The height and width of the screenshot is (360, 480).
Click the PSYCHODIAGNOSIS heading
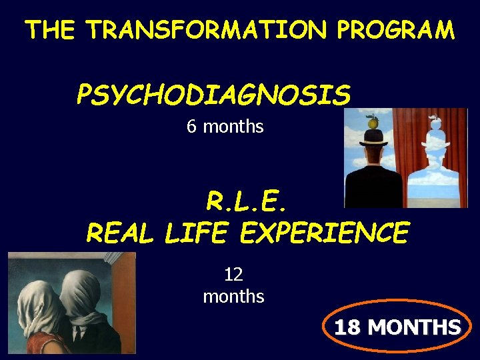(x=213, y=95)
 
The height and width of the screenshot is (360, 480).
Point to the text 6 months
(x=225, y=126)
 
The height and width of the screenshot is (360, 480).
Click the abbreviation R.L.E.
(x=248, y=200)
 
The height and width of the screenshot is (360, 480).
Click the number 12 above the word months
(x=233, y=274)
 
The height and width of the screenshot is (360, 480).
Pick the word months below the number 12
(x=233, y=296)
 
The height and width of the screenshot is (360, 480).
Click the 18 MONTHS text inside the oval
(x=397, y=328)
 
